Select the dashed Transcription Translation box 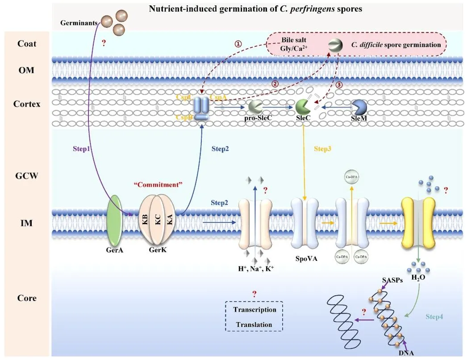254,318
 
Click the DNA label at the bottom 406,353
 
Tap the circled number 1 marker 238,44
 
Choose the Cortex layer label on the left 26,104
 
